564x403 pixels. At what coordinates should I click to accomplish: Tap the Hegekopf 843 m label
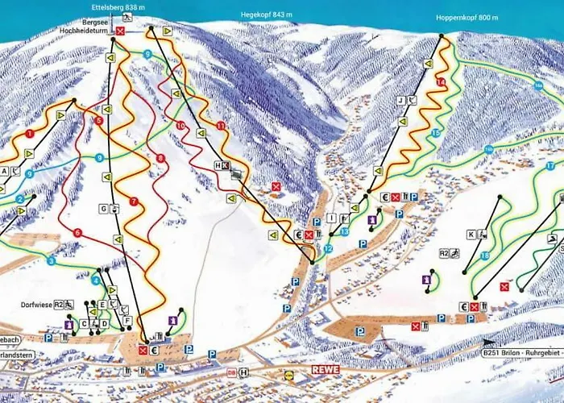tap(259, 15)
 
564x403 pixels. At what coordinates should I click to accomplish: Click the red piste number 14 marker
tap(440, 83)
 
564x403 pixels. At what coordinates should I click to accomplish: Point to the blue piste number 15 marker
tap(435, 132)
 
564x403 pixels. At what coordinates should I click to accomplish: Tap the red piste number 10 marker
tap(180, 126)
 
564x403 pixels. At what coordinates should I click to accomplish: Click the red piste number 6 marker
tap(77, 233)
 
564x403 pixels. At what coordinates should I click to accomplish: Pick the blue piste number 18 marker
tap(484, 256)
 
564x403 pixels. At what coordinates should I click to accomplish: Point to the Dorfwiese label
tap(36, 305)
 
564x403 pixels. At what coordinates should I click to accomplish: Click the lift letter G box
tap(103, 209)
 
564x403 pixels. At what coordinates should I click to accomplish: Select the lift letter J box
tap(400, 100)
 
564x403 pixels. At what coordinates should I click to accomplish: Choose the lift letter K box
tap(470, 235)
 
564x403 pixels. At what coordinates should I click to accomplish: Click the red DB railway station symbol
tap(231, 372)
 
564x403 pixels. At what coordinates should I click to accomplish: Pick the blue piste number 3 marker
tap(51, 261)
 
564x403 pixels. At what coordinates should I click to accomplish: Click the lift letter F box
tap(127, 320)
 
